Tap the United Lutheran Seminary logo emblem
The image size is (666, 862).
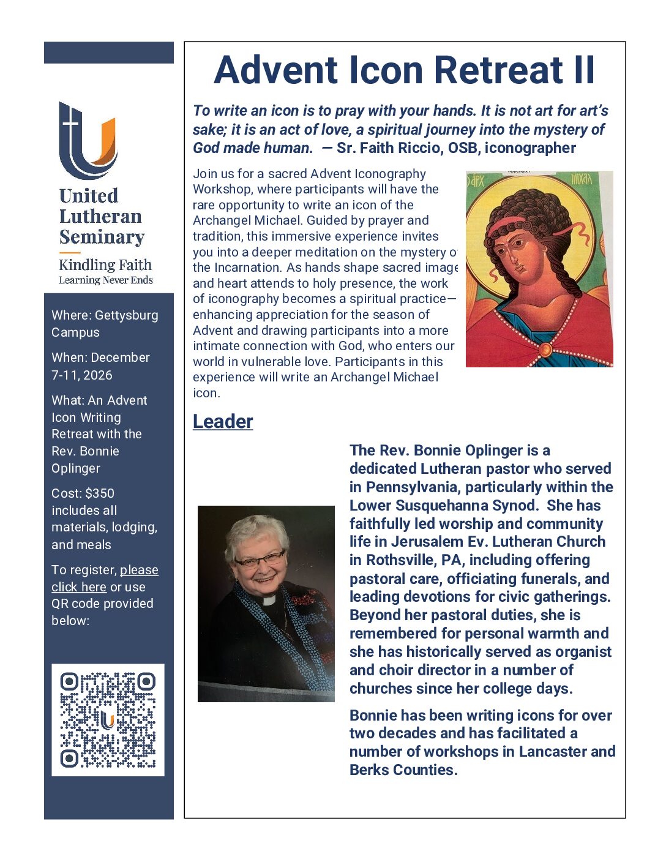[x=88, y=140]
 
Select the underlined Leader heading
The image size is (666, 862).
[x=223, y=421]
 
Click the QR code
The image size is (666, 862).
[x=108, y=719]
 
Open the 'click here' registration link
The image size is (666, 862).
[x=79, y=587]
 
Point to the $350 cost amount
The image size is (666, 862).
[x=99, y=493]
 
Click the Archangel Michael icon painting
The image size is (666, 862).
[x=539, y=269]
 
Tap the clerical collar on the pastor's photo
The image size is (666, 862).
[x=268, y=600]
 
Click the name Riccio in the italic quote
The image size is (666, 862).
[x=420, y=148]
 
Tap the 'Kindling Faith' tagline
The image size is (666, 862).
[x=105, y=265]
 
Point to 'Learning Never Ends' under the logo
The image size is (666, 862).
[x=105, y=280]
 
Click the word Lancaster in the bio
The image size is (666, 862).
[x=553, y=751]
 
